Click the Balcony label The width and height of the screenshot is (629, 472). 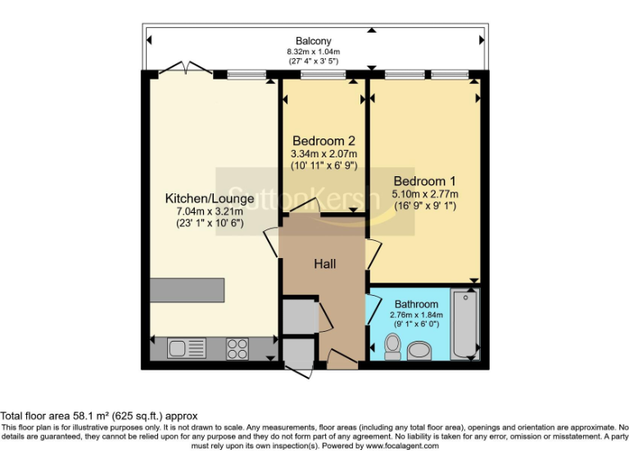pyautogui.click(x=314, y=41)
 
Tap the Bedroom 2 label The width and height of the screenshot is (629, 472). pyautogui.click(x=324, y=140)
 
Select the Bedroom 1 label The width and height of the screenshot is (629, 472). pyautogui.click(x=424, y=181)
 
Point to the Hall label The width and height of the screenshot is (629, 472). pyautogui.click(x=325, y=264)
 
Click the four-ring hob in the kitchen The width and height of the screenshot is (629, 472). pyautogui.click(x=238, y=348)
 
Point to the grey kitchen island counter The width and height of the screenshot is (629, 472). pyautogui.click(x=187, y=289)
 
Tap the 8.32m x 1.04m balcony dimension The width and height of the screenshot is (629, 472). pyautogui.click(x=314, y=52)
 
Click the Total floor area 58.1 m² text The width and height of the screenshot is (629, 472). pyautogui.click(x=99, y=416)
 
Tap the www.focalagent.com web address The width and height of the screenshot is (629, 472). pyautogui.click(x=402, y=447)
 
